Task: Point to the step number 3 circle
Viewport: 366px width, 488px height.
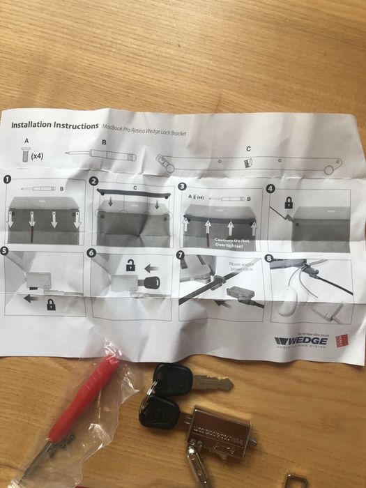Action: pos(183,186)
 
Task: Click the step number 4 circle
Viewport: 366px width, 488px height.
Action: pos(270,188)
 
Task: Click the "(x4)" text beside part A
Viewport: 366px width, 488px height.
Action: pos(38,156)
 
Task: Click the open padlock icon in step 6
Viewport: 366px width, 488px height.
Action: pos(130,266)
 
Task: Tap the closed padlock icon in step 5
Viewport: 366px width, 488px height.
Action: pos(50,305)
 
